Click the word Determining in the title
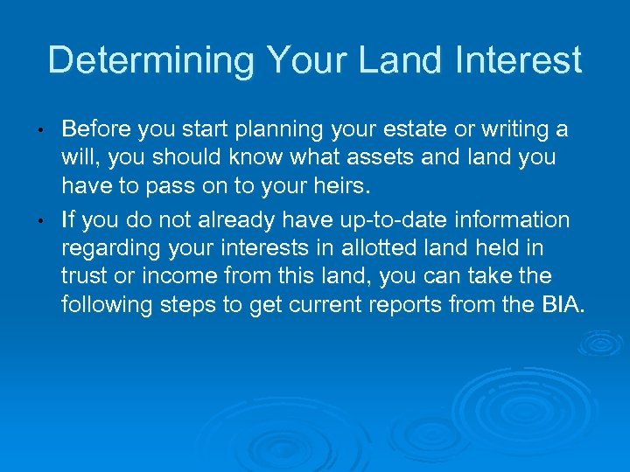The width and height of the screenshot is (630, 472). (x=150, y=60)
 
